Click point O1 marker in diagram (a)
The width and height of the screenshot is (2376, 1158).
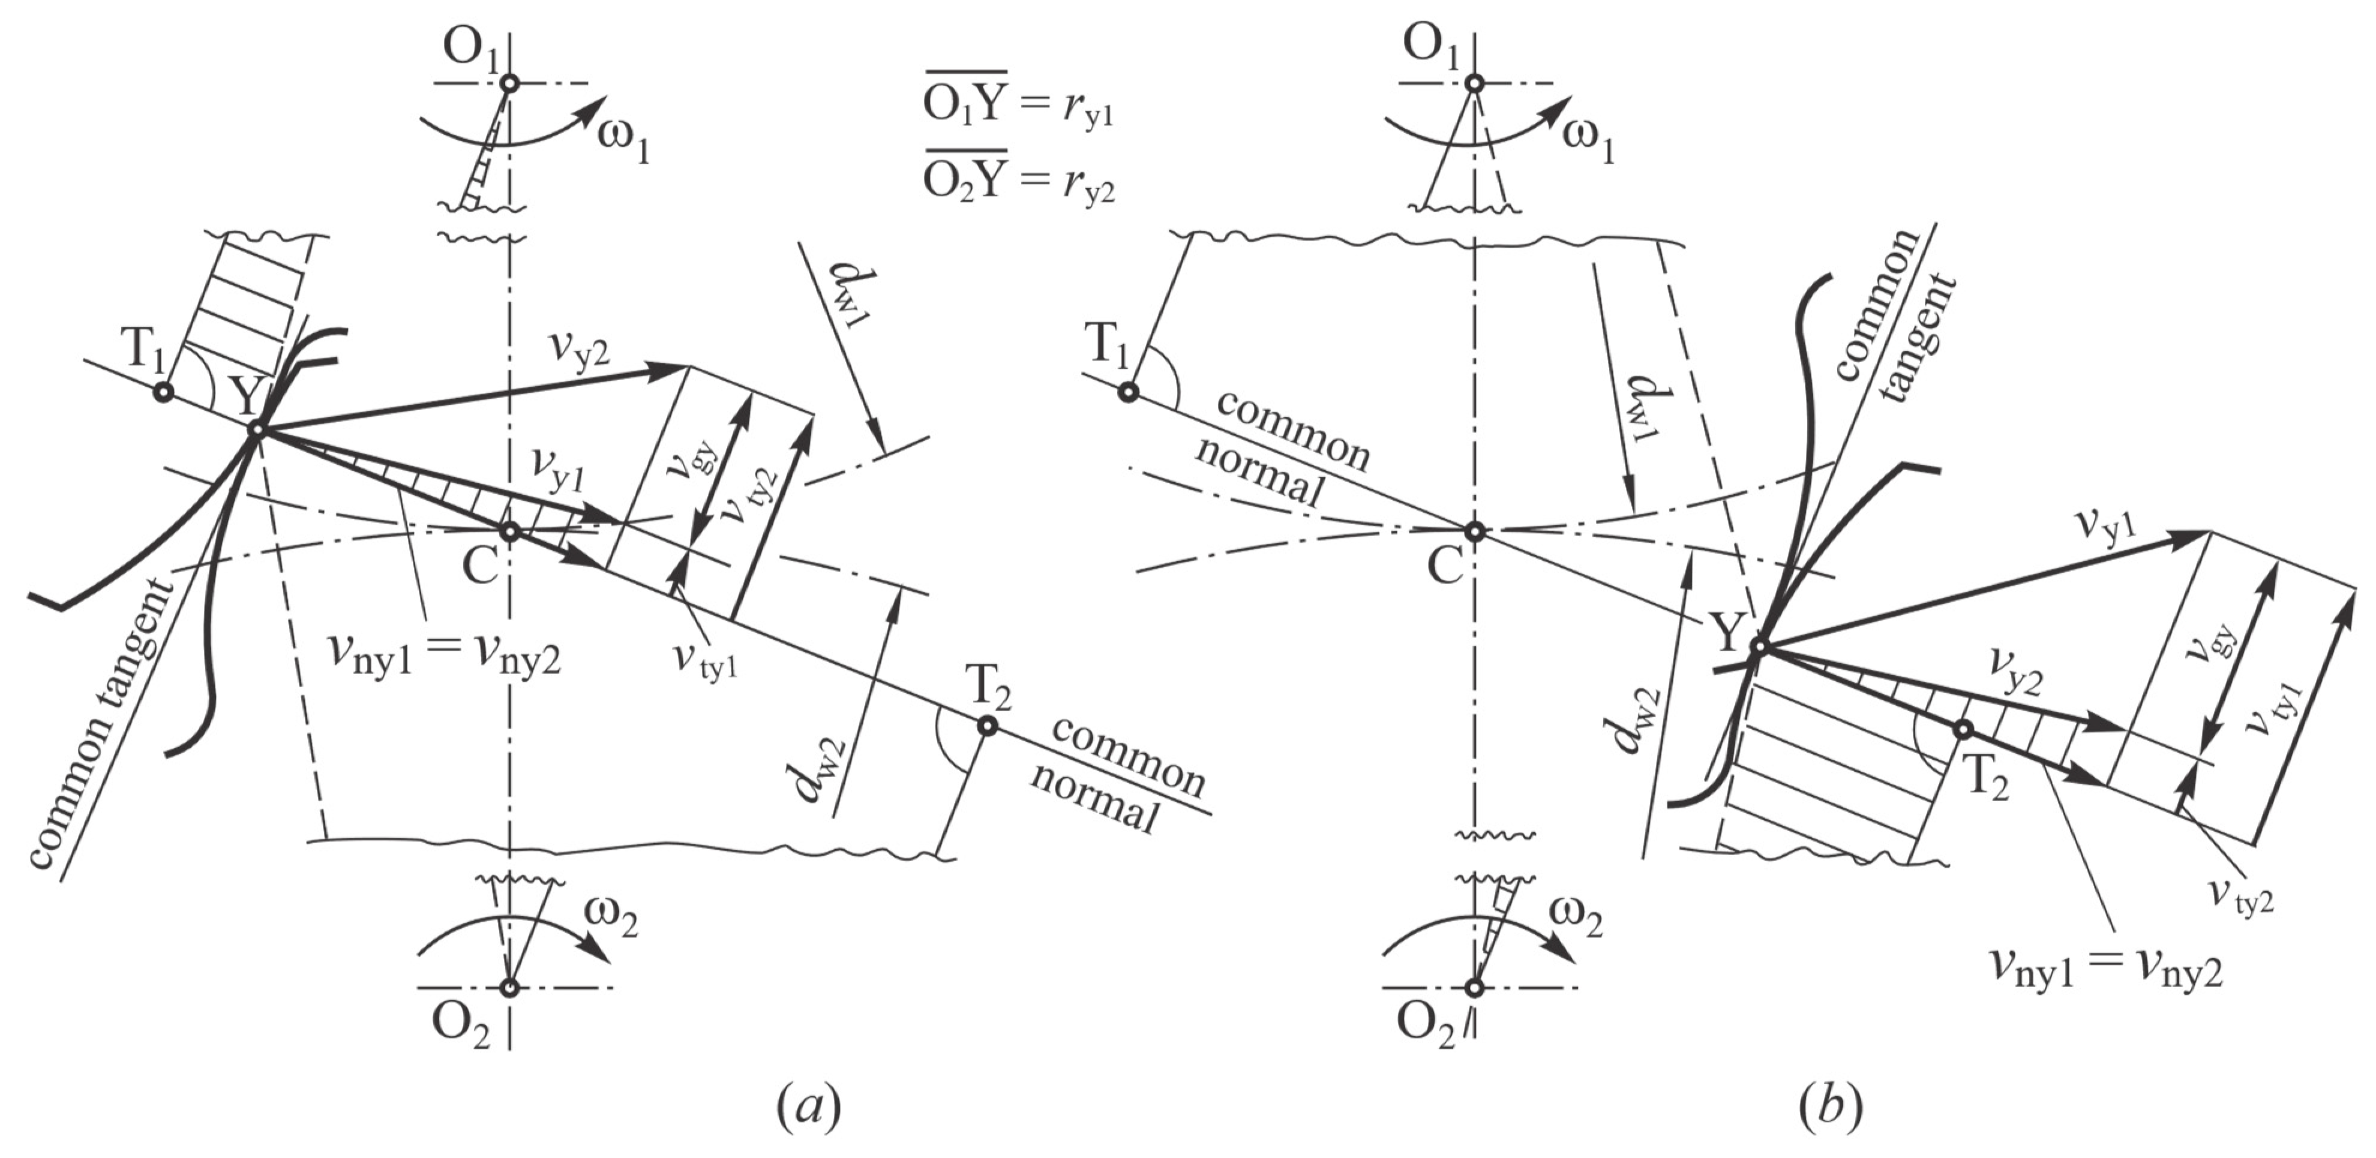(510, 83)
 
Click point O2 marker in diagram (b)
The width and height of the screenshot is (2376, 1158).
(1475, 988)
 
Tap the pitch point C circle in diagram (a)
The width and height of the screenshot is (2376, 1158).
(510, 532)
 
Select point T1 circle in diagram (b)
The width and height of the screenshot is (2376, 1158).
(1127, 392)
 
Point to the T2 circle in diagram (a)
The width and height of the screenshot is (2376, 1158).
(987, 726)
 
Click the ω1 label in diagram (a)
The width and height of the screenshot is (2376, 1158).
(623, 141)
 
